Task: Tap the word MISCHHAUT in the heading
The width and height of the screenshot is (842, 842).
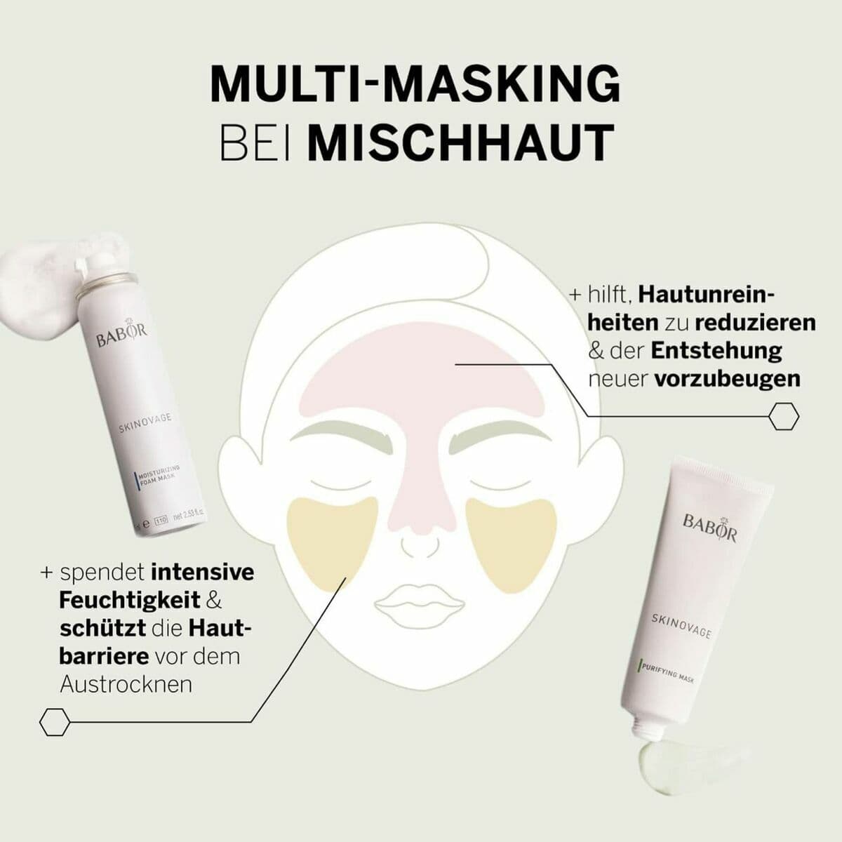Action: click(461, 142)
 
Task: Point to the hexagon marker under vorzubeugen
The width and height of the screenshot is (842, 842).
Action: click(784, 416)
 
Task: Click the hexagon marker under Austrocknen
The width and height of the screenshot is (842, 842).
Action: click(54, 721)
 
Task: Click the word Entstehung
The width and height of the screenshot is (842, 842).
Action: click(716, 350)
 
